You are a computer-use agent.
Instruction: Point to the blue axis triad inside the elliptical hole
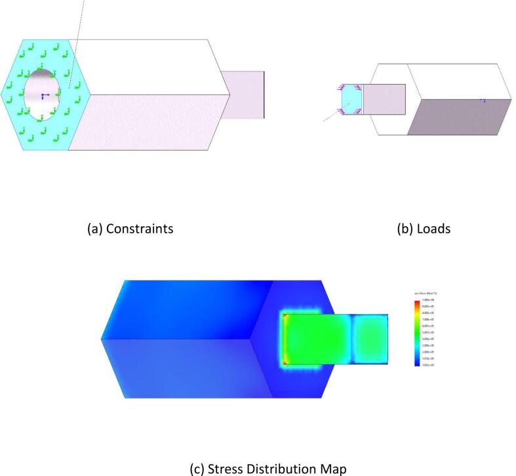[x=43, y=96]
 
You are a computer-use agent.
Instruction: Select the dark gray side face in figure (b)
[x=459, y=118]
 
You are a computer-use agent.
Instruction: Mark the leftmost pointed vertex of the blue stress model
[x=102, y=338]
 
